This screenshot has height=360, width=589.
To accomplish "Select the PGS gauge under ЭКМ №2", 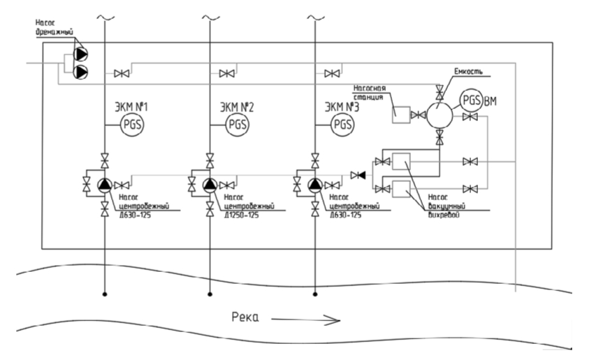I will [237, 125].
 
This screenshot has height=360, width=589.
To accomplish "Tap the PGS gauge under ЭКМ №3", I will [342, 125].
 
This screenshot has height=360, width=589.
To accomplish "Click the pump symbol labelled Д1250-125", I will [210, 185].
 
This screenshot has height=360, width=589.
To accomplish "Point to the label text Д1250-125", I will [242, 215].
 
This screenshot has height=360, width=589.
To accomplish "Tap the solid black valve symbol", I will [360, 174].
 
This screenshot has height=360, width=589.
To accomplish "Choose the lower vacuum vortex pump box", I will [401, 188].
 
